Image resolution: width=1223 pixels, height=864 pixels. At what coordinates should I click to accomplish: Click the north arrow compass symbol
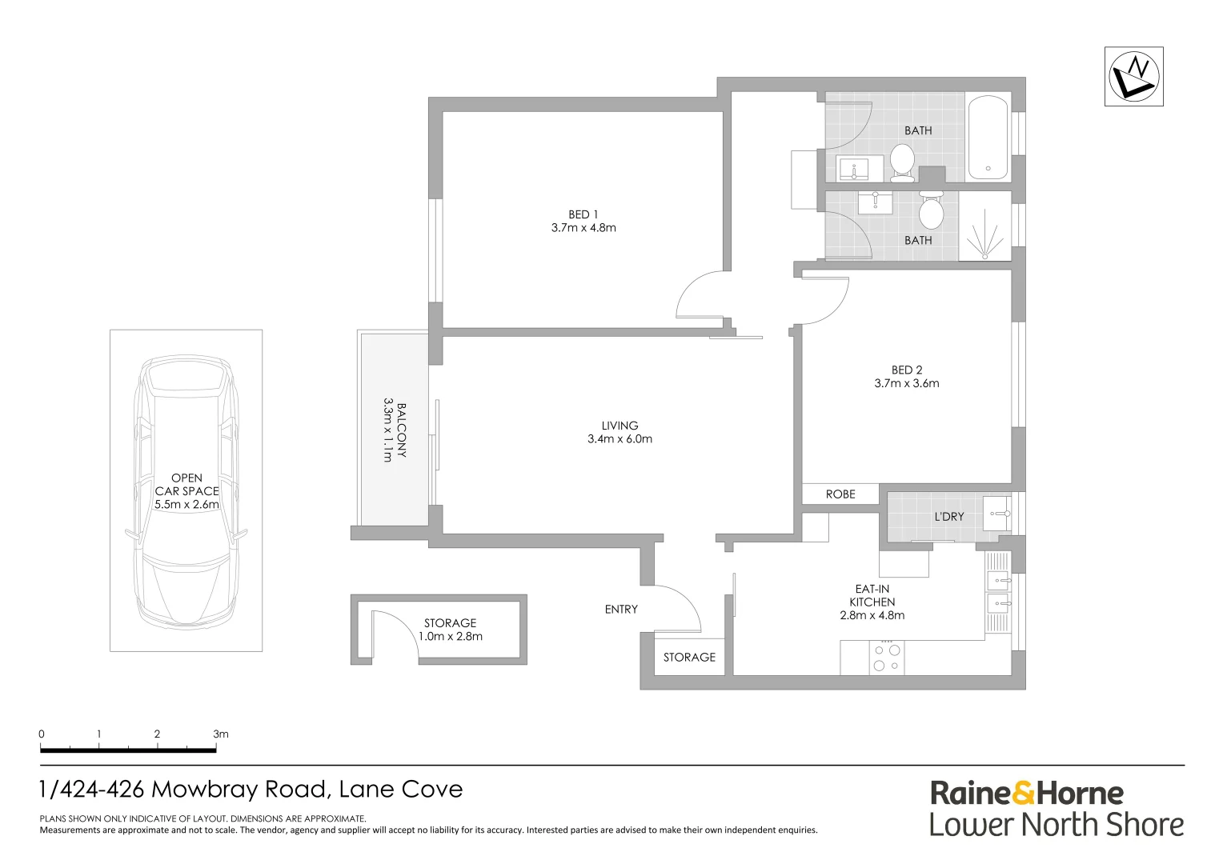click(x=1133, y=76)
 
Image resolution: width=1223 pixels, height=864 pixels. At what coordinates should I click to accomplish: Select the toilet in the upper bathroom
click(x=902, y=161)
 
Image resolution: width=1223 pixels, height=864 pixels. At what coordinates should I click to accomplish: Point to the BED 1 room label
click(x=583, y=214)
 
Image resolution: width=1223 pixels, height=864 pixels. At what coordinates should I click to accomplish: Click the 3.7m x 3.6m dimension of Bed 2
click(x=906, y=383)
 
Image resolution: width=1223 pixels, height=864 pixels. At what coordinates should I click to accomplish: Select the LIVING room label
click(x=620, y=426)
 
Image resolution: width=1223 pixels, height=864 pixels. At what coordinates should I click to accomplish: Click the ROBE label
click(x=840, y=494)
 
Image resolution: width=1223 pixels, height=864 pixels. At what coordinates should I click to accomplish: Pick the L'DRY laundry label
click(x=948, y=517)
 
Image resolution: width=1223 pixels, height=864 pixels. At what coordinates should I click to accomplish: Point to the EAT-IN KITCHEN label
click(x=872, y=595)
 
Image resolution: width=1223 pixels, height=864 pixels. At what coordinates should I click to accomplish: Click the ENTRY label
click(x=621, y=610)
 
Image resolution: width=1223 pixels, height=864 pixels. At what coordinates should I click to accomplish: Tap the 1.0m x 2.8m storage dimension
click(x=450, y=637)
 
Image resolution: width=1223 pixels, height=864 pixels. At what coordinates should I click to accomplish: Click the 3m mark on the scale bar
click(x=220, y=734)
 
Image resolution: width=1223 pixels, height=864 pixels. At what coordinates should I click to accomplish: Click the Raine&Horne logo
click(x=1027, y=794)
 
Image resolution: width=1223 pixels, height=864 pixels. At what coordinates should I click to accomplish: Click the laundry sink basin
click(x=997, y=513)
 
